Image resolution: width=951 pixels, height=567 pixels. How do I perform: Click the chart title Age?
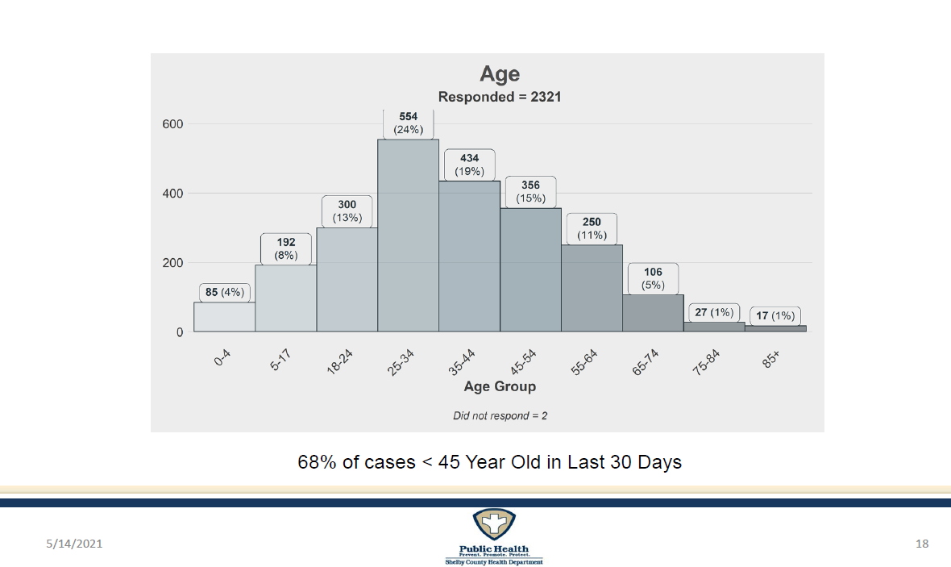click(500, 74)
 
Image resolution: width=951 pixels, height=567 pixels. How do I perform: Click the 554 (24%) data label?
click(408, 123)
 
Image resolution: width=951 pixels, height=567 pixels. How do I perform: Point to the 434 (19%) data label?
click(469, 165)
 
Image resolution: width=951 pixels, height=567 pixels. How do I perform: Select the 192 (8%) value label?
click(285, 248)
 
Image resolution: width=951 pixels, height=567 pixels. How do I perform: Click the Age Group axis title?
click(500, 386)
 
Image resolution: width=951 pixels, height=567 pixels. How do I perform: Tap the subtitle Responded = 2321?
click(500, 97)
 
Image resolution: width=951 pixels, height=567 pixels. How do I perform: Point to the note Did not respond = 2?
click(500, 416)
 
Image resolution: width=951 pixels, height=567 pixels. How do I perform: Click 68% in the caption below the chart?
click(313, 463)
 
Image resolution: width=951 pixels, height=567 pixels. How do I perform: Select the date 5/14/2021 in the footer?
click(73, 544)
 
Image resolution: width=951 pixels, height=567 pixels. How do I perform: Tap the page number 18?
click(922, 544)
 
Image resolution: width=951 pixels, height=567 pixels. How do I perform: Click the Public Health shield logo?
click(494, 526)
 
